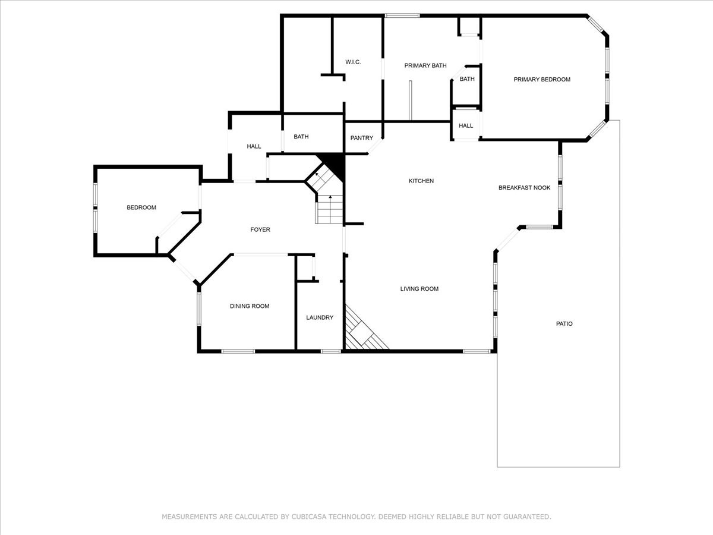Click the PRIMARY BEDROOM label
(x=542, y=80)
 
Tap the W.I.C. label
(x=353, y=62)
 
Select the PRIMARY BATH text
(x=425, y=66)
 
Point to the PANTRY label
(x=361, y=138)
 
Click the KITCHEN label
(x=421, y=181)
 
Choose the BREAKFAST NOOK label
(x=524, y=188)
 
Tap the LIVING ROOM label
(x=419, y=289)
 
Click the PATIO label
(x=564, y=324)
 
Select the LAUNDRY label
(x=320, y=317)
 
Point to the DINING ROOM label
(x=250, y=306)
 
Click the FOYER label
(x=260, y=229)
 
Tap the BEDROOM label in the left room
(x=141, y=207)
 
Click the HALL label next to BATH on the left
(x=254, y=146)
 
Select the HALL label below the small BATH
(x=466, y=126)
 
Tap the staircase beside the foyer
(x=329, y=202)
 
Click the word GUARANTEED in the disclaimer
(x=521, y=517)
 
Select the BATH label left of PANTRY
(x=301, y=137)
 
